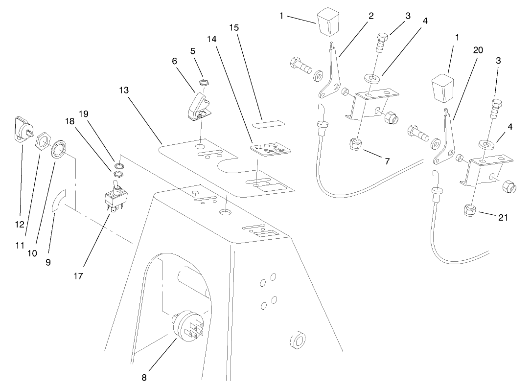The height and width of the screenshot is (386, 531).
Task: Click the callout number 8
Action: [x=144, y=377]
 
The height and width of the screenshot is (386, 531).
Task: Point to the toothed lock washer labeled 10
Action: [x=59, y=148]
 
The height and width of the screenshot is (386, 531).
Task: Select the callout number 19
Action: [x=83, y=114]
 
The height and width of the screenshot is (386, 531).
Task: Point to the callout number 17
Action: [x=78, y=276]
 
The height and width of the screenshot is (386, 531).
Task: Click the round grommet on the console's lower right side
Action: [x=297, y=340]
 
